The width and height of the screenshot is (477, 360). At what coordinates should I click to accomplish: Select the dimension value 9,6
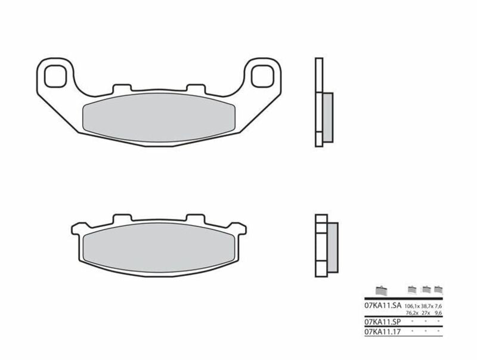[439, 312]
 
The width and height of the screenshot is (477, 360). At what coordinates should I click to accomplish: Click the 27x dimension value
[426, 312]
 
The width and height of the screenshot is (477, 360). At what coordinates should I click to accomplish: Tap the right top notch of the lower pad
[194, 218]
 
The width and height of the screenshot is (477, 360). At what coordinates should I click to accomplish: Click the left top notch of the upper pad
[119, 88]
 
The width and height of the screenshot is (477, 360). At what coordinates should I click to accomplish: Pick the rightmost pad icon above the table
[438, 288]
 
